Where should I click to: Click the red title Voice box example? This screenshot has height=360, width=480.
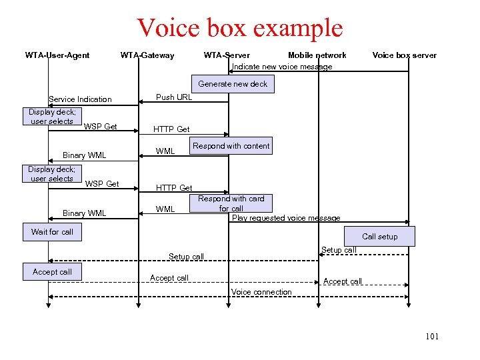(239, 28)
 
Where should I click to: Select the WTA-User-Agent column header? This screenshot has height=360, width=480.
(57, 55)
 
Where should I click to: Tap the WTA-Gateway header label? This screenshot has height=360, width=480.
(147, 55)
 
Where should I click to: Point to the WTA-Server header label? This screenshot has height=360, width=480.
(227, 55)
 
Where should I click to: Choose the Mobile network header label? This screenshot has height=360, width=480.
(317, 55)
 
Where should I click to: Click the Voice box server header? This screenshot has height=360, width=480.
(404, 55)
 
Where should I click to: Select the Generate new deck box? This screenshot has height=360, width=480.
(233, 84)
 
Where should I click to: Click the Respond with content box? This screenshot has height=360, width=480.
(231, 146)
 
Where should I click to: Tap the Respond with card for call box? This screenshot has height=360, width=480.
(231, 203)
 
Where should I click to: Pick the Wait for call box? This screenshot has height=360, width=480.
(52, 232)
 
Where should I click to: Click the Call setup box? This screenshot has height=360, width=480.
(379, 237)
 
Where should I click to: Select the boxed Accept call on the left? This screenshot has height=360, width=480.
(52, 272)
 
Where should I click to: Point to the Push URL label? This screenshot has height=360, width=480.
(174, 97)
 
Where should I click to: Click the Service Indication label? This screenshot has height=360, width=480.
(80, 99)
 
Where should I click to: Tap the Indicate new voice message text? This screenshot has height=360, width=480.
(282, 67)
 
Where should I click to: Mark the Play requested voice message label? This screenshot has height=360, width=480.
(286, 218)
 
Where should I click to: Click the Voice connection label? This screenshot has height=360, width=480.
(261, 292)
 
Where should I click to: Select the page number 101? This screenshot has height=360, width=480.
(432, 337)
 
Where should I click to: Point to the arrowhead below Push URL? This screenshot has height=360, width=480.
(141, 102)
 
